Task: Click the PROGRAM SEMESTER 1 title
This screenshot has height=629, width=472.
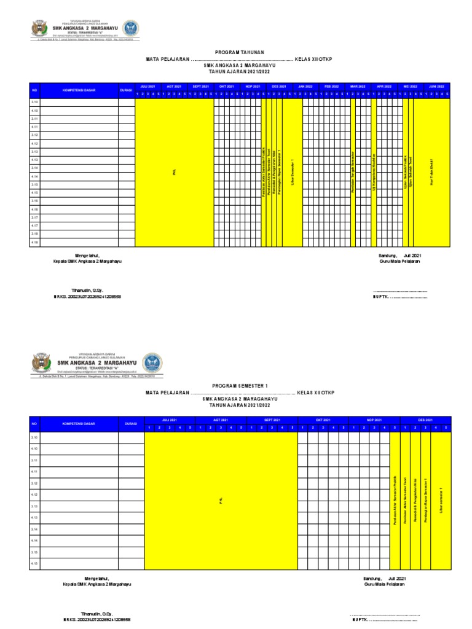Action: coord(237,386)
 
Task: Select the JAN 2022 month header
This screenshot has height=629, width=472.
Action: coord(305,87)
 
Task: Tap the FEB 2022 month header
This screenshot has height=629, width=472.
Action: coord(332,87)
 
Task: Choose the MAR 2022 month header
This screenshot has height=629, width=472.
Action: coord(358,87)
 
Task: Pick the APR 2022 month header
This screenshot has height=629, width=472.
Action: coord(384,87)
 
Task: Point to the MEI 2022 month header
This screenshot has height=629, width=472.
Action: coord(411,87)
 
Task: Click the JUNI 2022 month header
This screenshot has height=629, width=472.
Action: coord(436,87)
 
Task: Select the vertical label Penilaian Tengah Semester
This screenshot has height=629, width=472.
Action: coord(353,173)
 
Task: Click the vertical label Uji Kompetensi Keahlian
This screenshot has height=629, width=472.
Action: coord(374,173)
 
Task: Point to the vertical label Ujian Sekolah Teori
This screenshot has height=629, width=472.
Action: coord(411,173)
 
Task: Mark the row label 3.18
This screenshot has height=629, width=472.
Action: coord(35,234)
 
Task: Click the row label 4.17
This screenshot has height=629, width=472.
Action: coord(35,225)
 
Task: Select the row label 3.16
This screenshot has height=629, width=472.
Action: coord(35,201)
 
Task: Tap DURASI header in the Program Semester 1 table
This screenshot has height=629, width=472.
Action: coord(131,424)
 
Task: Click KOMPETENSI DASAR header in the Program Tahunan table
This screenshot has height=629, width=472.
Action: coord(79,90)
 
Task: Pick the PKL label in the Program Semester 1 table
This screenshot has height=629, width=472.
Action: coord(221,501)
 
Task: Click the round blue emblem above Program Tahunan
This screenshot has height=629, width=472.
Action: coord(131,28)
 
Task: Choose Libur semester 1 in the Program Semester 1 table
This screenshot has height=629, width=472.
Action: coord(441,501)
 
